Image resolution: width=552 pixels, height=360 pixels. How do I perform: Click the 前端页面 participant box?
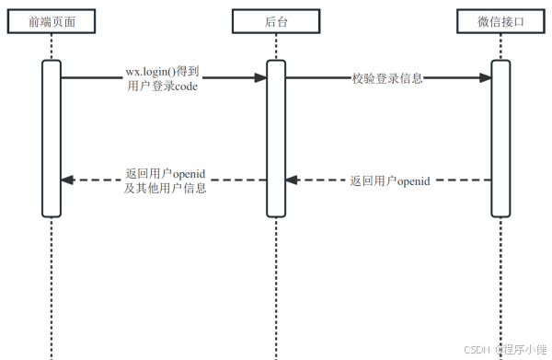(x=52, y=22)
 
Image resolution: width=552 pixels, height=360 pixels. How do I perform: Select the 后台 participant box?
(x=275, y=22)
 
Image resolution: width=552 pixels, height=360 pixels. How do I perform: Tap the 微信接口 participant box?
(x=500, y=22)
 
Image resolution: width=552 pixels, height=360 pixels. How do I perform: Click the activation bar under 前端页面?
(x=52, y=138)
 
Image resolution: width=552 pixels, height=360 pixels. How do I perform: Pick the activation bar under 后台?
(x=276, y=138)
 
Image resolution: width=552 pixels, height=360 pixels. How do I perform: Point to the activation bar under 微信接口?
(x=500, y=138)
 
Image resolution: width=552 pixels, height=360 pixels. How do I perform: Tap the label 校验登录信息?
(x=387, y=78)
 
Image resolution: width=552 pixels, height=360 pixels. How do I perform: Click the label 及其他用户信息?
(x=165, y=188)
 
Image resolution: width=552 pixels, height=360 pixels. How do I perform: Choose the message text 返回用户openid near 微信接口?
(x=390, y=180)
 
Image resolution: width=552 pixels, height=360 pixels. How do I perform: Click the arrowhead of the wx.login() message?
(x=260, y=79)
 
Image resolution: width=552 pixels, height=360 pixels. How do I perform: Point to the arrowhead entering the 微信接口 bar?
(x=485, y=79)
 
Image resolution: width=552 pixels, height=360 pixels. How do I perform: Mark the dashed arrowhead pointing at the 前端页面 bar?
(x=67, y=180)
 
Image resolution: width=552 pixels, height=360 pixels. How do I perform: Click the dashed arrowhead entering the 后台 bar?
(x=292, y=180)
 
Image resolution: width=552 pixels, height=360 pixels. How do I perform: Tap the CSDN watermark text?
(x=475, y=350)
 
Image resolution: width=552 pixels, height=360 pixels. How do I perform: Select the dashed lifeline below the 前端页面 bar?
(x=52, y=285)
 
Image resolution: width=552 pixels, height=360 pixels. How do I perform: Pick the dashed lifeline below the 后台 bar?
(x=276, y=285)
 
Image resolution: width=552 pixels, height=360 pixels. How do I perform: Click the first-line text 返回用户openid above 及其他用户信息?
(x=165, y=173)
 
